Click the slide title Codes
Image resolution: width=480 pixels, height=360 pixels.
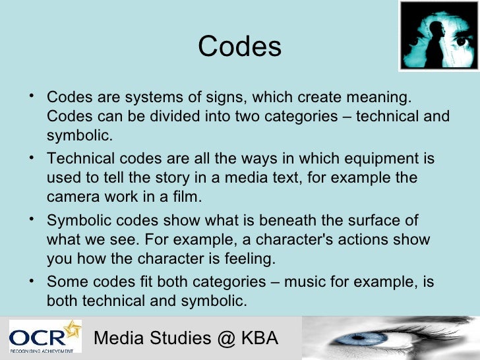point(239,47)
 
